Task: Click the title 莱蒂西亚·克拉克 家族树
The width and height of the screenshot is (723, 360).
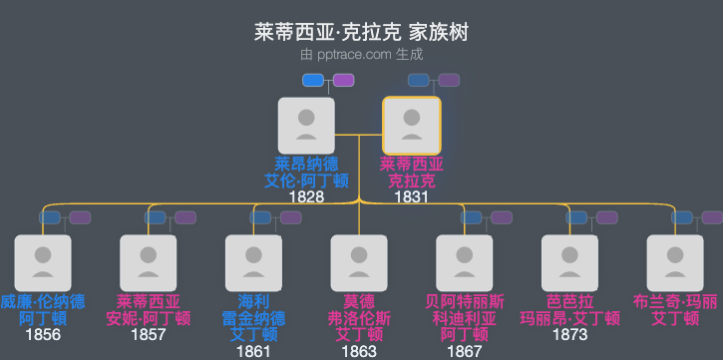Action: click(361, 33)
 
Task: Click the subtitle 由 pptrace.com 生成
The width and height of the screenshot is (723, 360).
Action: click(361, 55)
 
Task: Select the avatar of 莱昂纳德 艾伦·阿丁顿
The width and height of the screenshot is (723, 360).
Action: click(306, 126)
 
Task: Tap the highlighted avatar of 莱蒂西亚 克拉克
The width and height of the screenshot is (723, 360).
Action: click(412, 126)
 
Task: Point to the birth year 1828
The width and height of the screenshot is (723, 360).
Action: click(306, 197)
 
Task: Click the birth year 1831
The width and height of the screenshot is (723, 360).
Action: click(412, 197)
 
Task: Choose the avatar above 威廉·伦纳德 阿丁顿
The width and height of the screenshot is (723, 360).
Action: click(43, 263)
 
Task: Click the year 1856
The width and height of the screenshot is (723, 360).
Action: click(43, 334)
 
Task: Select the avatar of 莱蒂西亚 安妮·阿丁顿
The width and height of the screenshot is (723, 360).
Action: click(149, 263)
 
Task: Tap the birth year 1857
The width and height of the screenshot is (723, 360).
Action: click(149, 334)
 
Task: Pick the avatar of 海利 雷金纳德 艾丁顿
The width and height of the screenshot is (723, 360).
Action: click(253, 263)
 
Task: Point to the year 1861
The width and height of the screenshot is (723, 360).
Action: click(253, 350)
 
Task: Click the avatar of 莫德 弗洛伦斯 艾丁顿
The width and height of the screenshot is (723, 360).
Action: click(359, 263)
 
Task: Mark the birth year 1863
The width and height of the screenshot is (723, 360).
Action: click(359, 350)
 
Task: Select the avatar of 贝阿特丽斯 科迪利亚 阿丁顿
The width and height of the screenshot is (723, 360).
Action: click(465, 263)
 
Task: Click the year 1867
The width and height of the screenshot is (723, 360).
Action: click(465, 350)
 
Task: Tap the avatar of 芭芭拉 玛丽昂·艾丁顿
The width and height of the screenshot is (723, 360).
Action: click(569, 263)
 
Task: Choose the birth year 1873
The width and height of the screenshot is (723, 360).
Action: click(569, 334)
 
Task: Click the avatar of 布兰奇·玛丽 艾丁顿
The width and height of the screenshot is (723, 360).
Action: click(675, 263)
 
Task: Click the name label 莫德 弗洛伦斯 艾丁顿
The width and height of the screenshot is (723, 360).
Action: click(359, 318)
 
